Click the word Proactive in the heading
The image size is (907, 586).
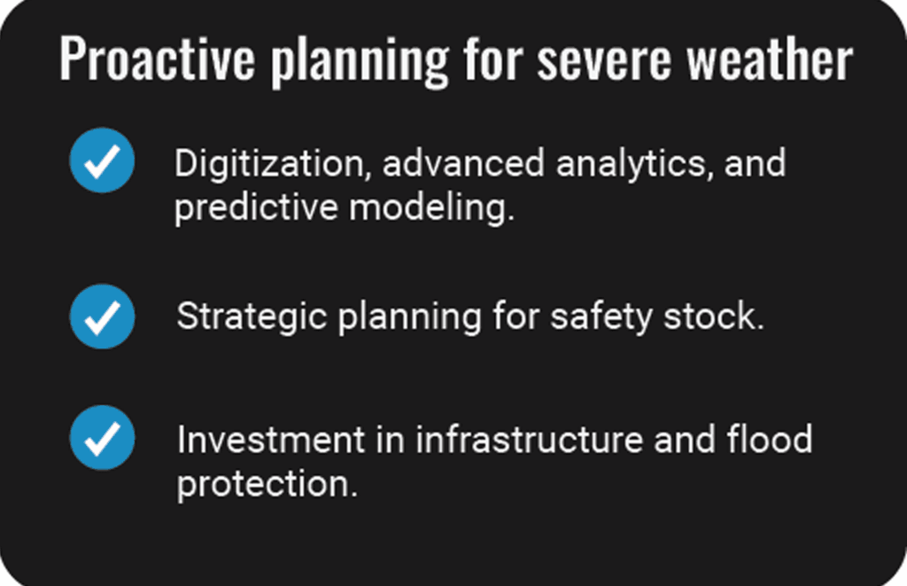[x=158, y=58]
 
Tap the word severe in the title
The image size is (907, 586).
[x=604, y=59]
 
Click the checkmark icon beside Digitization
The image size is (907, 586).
[x=103, y=160]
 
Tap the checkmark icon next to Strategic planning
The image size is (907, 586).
[x=103, y=316]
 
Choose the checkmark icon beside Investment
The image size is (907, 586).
[x=103, y=437]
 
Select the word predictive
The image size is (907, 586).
[x=256, y=207]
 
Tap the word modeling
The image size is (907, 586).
[x=431, y=207]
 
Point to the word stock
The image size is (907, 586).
[x=714, y=316]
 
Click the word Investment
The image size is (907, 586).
[x=271, y=440]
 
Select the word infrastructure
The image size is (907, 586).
[x=530, y=439]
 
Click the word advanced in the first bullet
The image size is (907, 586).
[x=463, y=163]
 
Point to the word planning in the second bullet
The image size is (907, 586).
[x=409, y=317]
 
